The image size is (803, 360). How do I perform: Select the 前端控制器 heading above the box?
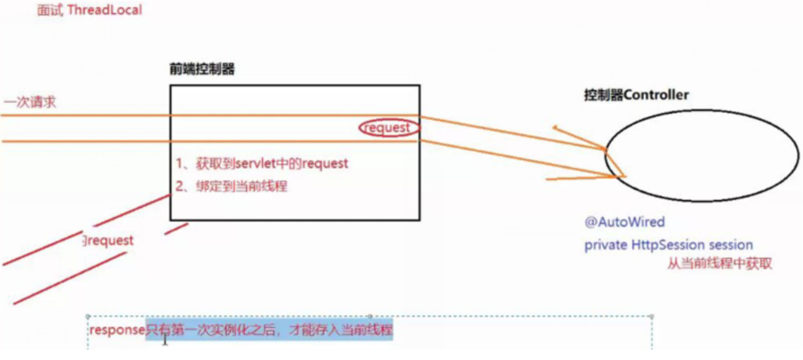[x=202, y=69]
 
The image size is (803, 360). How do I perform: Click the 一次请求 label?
[x=30, y=102]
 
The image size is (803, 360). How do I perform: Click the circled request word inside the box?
[x=388, y=128]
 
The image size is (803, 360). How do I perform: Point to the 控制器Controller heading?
[x=636, y=96]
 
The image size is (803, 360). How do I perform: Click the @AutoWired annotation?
[x=625, y=222]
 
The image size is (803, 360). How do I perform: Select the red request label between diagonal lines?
[x=111, y=240]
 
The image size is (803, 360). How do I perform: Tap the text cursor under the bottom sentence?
[x=165, y=339]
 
